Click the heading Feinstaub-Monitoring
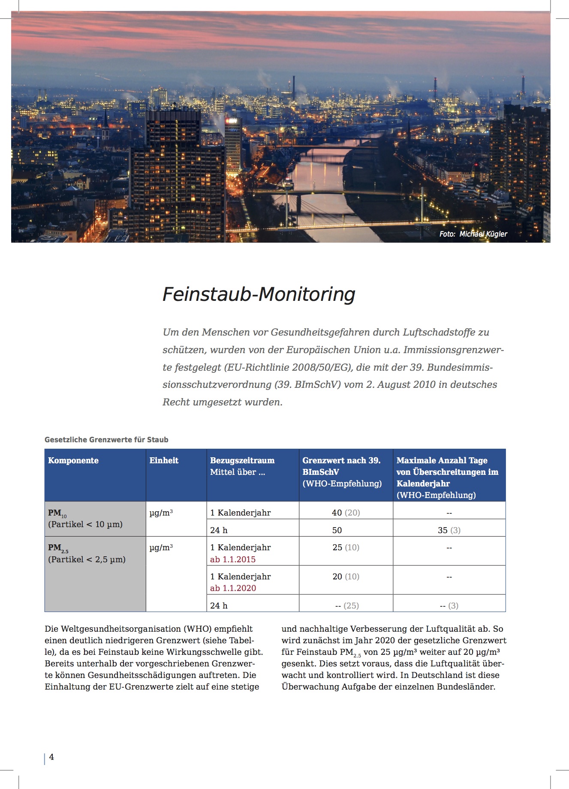pos(259,294)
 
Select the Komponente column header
pos(73,461)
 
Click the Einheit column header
pos(164,461)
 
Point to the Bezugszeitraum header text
pos(242,461)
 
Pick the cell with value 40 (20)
pos(346,513)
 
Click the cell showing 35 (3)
pos(449,530)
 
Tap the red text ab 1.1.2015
pos(233,559)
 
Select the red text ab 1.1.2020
pos(233,588)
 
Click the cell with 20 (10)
pos(346,576)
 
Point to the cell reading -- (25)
pos(347,606)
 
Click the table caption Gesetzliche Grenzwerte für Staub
pos(106,440)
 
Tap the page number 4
pos(51,757)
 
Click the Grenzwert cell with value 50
pos(337,530)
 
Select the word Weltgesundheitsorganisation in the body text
pos(120,629)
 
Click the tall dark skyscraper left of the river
pos(176,171)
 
